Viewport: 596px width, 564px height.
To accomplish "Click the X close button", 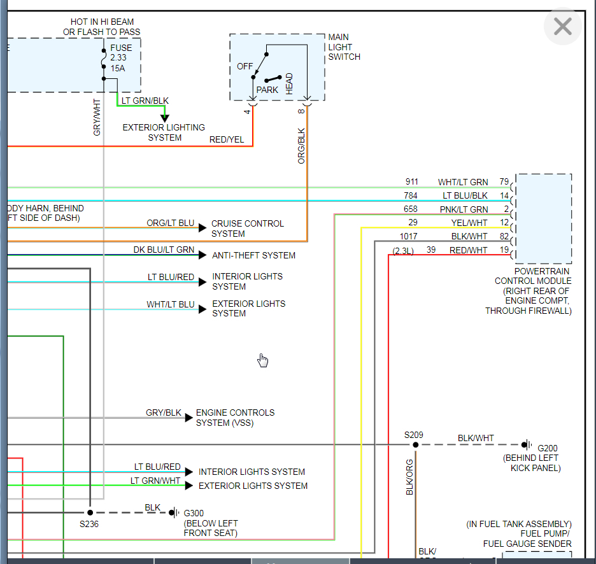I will click(x=563, y=26).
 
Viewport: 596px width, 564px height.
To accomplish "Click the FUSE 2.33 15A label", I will click(x=121, y=58).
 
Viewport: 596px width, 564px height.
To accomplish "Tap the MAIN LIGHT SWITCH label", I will click(x=344, y=47).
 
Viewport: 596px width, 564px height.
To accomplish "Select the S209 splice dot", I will click(x=415, y=445).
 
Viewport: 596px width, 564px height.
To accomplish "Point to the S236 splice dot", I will click(x=90, y=512).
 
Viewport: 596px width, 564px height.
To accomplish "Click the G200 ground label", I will click(x=548, y=448).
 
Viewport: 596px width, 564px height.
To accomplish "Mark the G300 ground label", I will click(x=193, y=513).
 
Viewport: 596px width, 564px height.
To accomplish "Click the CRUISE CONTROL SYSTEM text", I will click(x=248, y=229).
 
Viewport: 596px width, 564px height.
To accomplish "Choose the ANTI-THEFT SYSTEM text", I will click(x=253, y=255).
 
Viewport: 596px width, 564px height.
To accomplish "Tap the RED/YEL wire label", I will click(x=227, y=139).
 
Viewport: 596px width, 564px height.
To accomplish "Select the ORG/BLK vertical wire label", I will click(x=302, y=146).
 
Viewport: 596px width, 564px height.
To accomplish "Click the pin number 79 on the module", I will click(x=504, y=183).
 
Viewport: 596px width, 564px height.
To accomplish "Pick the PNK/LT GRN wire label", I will click(x=464, y=209).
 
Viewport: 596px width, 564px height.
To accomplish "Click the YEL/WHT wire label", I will click(x=470, y=223).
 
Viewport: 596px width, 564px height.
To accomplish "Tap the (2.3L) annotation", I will click(x=403, y=251).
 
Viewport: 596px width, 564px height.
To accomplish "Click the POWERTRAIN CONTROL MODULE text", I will click(x=534, y=276).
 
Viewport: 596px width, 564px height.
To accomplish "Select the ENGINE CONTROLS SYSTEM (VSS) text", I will click(x=235, y=418).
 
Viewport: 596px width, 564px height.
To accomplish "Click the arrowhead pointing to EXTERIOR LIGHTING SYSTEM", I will click(x=164, y=118).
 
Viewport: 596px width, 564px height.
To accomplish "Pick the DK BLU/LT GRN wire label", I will click(x=164, y=250).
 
